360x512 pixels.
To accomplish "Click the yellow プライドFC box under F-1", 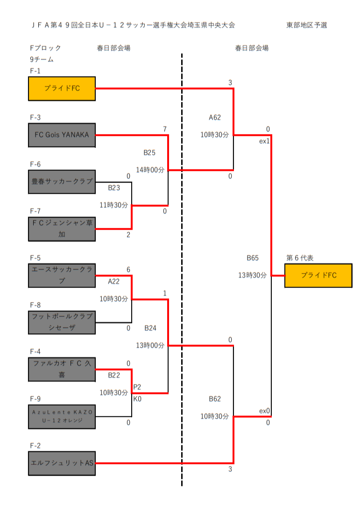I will [x=62, y=88].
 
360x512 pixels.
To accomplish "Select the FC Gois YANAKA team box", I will [x=62, y=135].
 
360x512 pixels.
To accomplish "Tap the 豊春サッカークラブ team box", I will [x=62, y=182].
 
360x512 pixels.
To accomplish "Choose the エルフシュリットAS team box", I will [x=62, y=463].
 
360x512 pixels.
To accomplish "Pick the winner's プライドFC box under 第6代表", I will [x=318, y=275].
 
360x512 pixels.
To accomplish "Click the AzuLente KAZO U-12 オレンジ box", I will [x=62, y=416].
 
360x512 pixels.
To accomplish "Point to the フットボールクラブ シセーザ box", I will [x=62, y=323].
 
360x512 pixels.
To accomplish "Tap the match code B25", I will [x=149, y=153].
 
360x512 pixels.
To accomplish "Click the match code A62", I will [x=215, y=118].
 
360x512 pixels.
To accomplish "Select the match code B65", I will [x=253, y=258].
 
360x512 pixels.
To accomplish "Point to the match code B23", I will [x=114, y=188].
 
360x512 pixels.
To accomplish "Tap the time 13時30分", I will [x=253, y=275].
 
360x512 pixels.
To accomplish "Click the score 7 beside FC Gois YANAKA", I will [x=165, y=129].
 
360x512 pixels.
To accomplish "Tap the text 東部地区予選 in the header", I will [x=307, y=25].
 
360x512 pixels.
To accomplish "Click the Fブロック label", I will [x=45, y=48].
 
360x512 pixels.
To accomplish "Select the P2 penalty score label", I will [x=137, y=387].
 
